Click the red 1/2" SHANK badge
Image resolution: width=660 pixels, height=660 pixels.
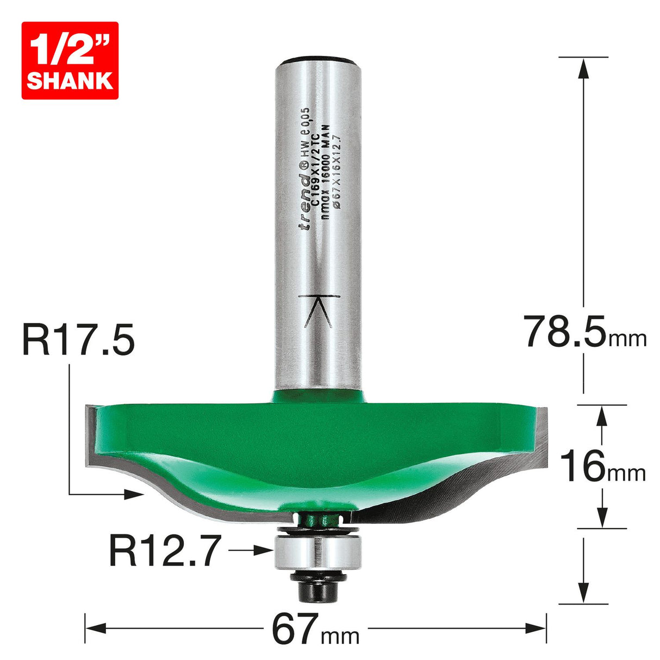(x=70, y=60)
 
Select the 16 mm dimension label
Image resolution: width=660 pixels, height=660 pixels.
(x=602, y=467)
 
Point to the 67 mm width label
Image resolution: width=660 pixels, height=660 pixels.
(x=315, y=630)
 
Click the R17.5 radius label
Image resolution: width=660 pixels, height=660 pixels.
(x=78, y=340)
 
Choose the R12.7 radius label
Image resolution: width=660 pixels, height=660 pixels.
(x=165, y=550)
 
